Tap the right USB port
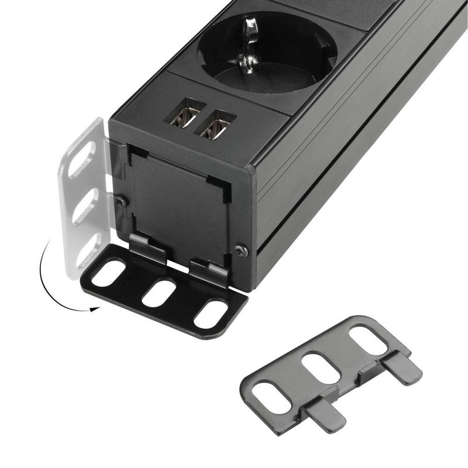click(x=215, y=125)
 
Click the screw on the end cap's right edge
click(x=240, y=250)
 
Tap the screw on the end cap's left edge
click(x=120, y=200)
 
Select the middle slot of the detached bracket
click(x=322, y=367)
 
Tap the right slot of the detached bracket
click(x=367, y=341)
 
